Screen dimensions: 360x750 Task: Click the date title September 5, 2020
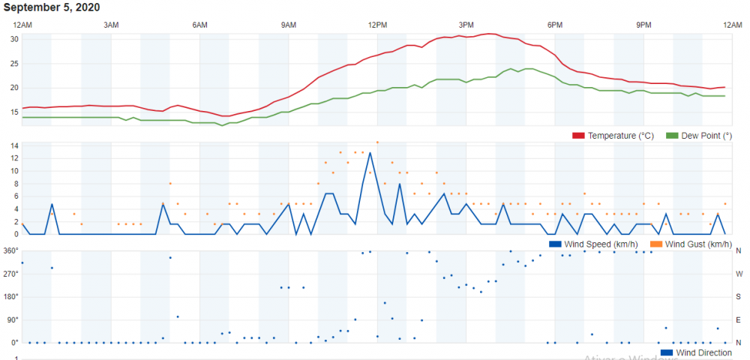[x=52, y=7]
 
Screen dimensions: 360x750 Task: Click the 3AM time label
[x=111, y=25]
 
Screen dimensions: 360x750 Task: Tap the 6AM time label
[x=199, y=25]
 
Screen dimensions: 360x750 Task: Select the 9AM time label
[x=289, y=25]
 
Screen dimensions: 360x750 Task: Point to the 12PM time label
[x=377, y=25]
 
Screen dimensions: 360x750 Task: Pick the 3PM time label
[x=466, y=25]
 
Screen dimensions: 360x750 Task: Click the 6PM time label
[x=555, y=25]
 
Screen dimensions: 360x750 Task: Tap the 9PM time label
[x=643, y=25]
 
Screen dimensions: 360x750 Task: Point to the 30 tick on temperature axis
[x=14, y=39]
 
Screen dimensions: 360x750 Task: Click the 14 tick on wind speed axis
[x=14, y=145]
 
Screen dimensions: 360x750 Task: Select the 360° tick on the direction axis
[x=11, y=250]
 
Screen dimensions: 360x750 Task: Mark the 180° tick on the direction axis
[x=11, y=296]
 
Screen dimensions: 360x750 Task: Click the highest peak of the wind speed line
[x=370, y=153]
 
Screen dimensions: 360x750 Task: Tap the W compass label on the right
[x=738, y=274]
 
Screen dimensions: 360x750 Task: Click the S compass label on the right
[x=738, y=296]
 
